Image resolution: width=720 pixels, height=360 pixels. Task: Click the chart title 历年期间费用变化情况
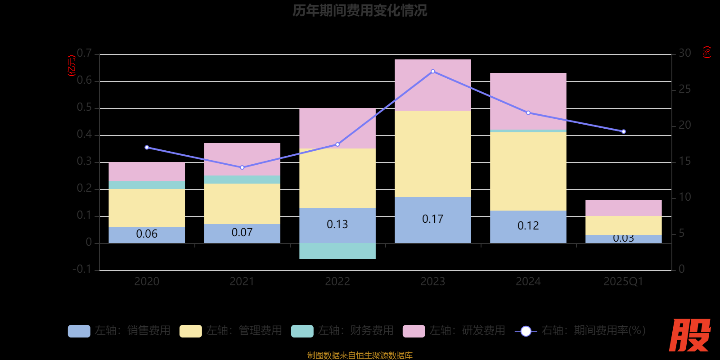360,10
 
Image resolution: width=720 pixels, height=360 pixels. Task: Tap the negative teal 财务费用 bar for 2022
337,251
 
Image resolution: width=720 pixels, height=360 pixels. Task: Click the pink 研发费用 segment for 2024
528,101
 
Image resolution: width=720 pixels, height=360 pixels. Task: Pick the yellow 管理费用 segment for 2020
147,207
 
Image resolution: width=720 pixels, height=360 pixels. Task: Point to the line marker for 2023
433,71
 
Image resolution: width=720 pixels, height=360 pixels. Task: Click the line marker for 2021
242,167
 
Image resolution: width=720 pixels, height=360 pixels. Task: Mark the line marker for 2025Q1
624,131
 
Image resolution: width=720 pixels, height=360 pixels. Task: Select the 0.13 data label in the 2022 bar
337,224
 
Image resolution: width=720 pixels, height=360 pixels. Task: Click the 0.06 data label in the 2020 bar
147,234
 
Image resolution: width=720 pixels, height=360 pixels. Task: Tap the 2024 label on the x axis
528,282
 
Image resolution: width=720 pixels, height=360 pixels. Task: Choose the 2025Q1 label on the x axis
623,282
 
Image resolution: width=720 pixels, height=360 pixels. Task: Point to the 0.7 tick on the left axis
84,54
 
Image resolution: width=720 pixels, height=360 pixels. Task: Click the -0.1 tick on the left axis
82,269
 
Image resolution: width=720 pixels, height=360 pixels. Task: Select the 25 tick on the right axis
685,89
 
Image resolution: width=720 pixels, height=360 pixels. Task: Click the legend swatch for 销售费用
79,331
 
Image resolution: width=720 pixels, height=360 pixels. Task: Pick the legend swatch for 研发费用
414,331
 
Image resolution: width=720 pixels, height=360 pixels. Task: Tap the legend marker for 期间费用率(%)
526,331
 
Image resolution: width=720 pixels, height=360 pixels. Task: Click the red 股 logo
689,335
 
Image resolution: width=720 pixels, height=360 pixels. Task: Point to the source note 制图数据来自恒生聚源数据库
360,355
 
